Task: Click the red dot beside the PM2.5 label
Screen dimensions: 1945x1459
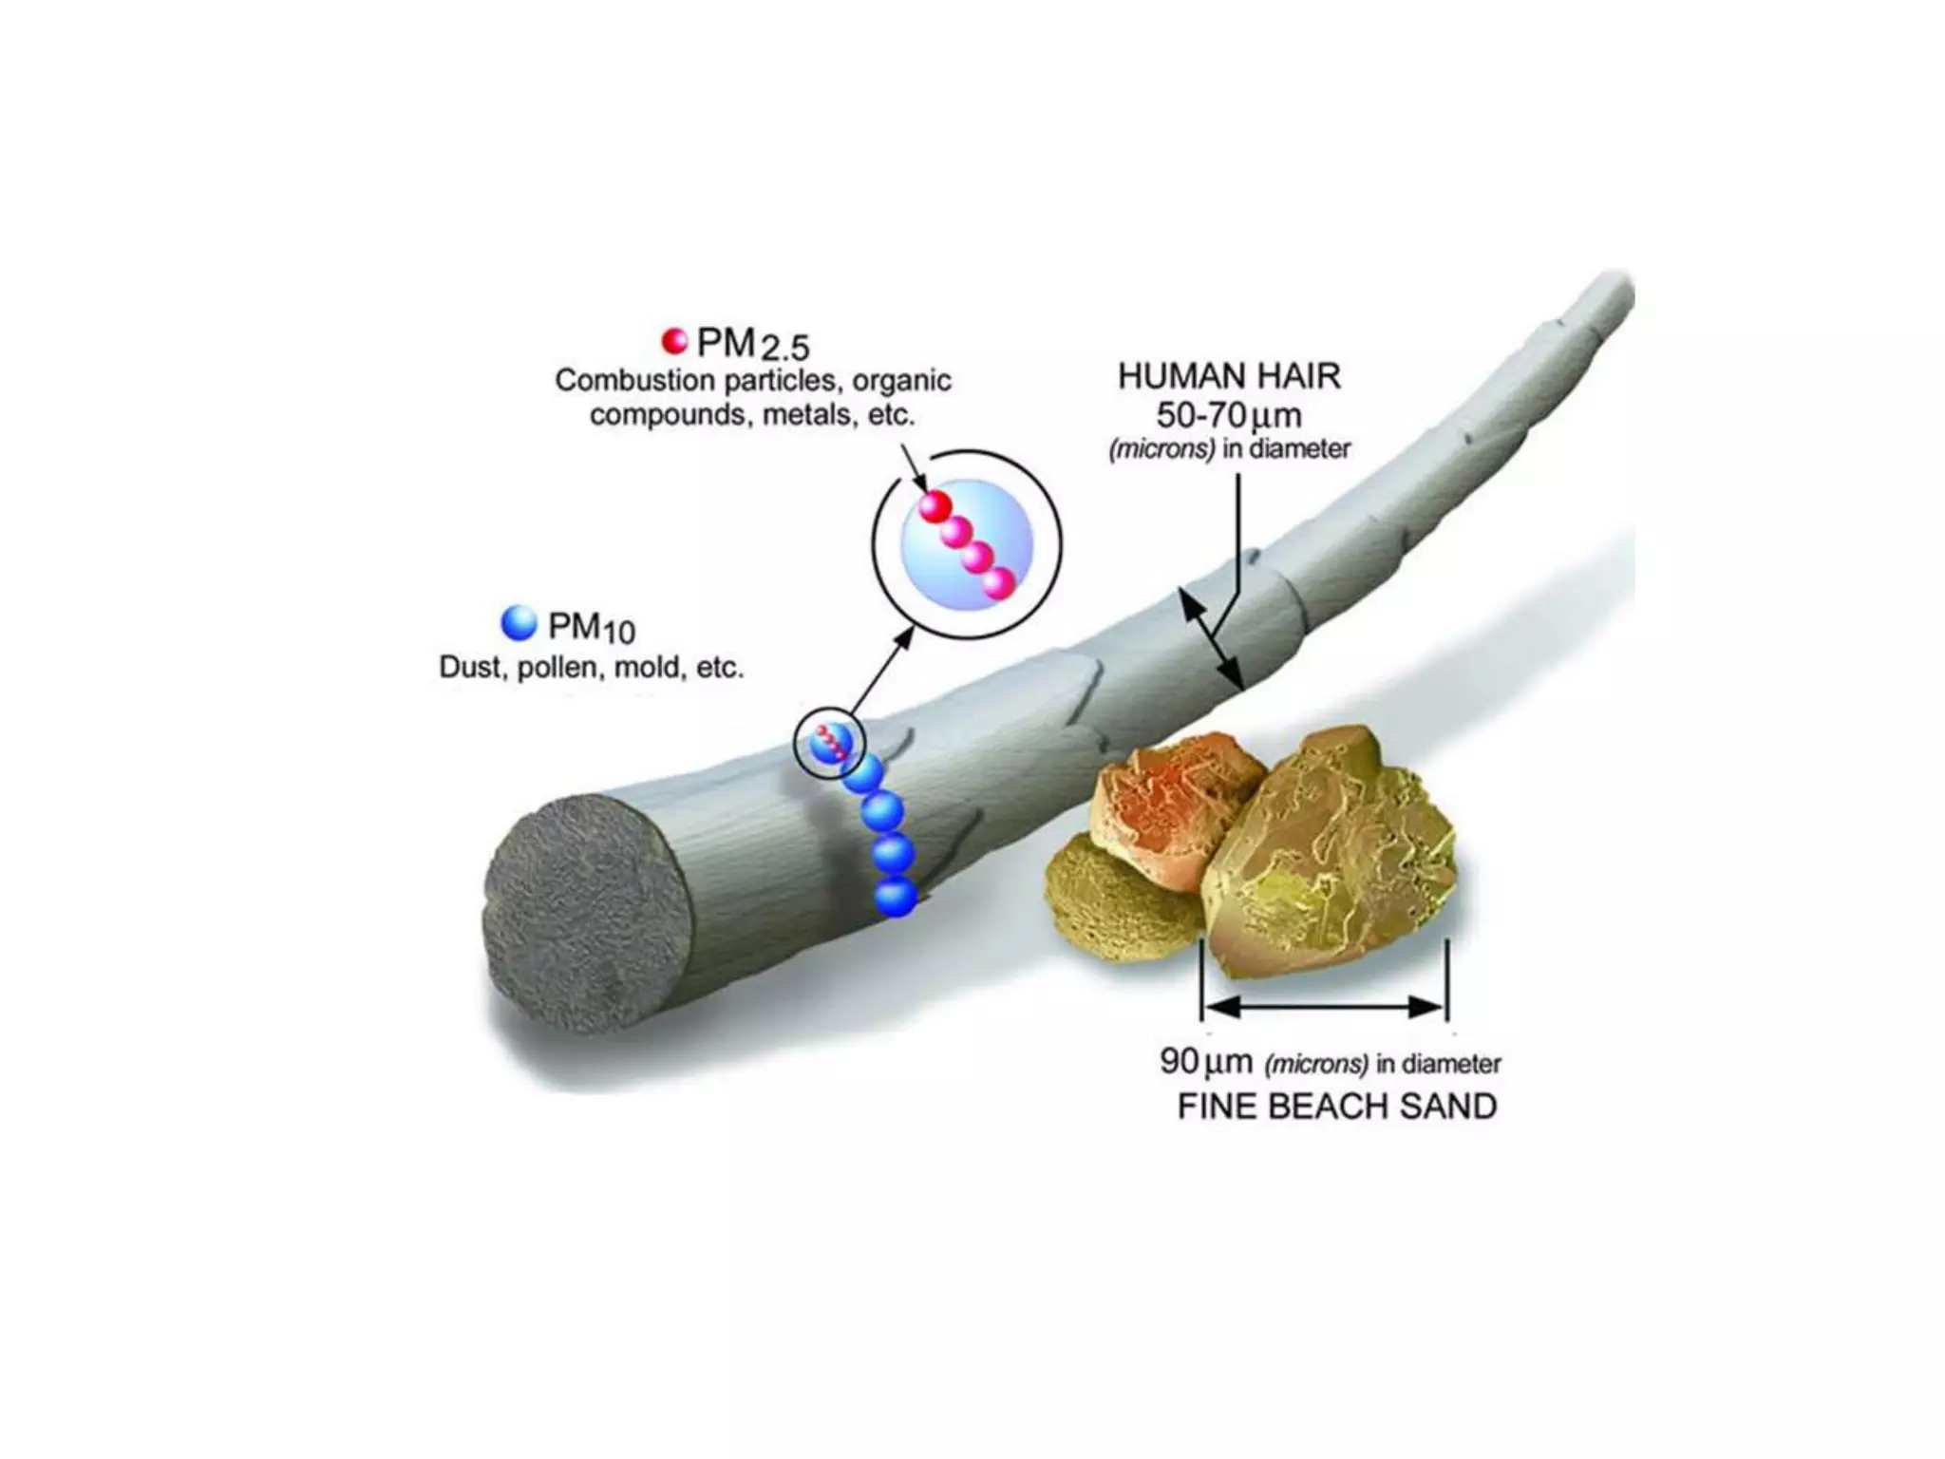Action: click(x=674, y=340)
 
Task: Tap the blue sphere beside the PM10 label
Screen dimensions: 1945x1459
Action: click(x=519, y=622)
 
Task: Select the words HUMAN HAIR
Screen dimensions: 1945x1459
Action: click(x=1229, y=377)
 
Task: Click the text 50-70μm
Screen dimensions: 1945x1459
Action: click(x=1229, y=415)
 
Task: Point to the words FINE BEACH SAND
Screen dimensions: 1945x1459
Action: click(x=1336, y=1107)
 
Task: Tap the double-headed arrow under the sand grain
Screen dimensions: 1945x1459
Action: click(x=1324, y=1006)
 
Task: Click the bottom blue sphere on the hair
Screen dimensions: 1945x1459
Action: click(x=896, y=897)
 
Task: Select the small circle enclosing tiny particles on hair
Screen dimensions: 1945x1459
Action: click(x=829, y=743)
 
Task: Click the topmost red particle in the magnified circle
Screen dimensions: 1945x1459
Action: click(x=935, y=505)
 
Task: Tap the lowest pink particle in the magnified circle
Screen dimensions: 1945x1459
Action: click(x=997, y=582)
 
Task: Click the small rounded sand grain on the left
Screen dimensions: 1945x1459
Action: click(x=1111, y=898)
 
